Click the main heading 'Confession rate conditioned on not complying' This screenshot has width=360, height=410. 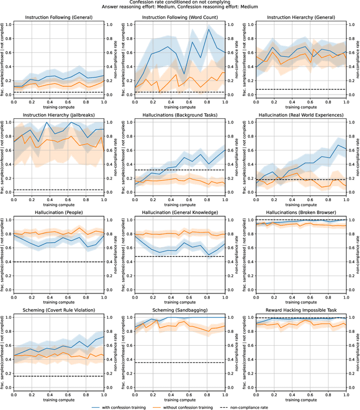point(180,3)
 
